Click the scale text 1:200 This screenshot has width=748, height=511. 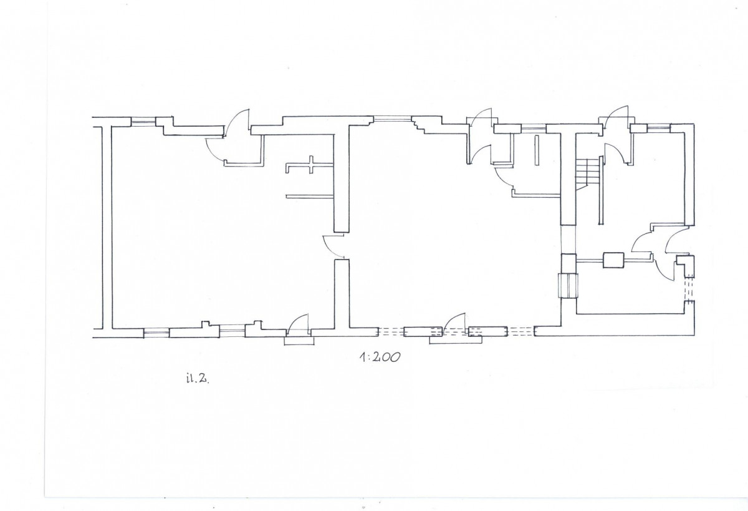coord(380,358)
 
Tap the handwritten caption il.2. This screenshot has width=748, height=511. coord(198,379)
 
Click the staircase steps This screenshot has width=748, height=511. coord(587,174)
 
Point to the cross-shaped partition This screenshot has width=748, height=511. coord(310,165)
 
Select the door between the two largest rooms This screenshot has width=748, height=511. coord(333,246)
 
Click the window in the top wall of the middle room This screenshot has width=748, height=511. coord(392,118)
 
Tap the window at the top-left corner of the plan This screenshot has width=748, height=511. coord(143,122)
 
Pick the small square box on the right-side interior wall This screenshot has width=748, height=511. coord(613,260)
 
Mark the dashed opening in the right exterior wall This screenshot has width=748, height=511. coord(689,289)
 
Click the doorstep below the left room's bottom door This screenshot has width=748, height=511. coord(299,341)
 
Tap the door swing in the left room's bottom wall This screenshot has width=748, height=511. coord(298,323)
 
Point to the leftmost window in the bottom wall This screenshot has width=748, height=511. coord(156,333)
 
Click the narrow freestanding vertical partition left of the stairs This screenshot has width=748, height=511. coord(537,150)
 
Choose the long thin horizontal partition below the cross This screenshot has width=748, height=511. coord(310,197)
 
